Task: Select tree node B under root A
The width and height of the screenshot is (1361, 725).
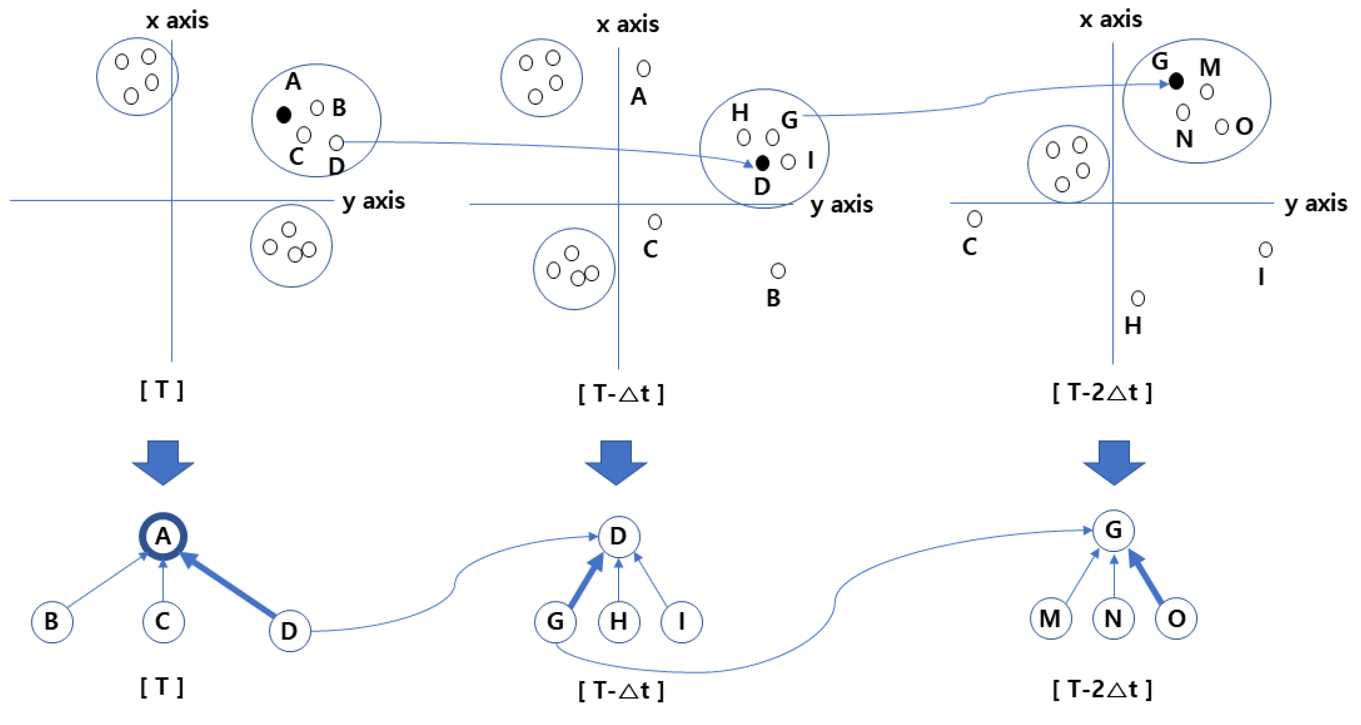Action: tap(52, 621)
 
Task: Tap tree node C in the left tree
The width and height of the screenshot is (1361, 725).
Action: tap(163, 621)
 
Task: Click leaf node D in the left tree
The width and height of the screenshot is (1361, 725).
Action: tap(290, 631)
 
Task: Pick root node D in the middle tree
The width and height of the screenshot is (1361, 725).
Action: tap(619, 537)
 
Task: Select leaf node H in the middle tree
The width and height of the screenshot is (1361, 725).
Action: tap(619, 621)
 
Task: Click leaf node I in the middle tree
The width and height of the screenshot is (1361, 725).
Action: tap(682, 621)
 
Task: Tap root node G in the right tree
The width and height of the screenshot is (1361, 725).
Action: tap(1114, 530)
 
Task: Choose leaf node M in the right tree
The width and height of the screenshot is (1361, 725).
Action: tap(1051, 618)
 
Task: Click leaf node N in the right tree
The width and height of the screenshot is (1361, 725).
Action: tap(1114, 618)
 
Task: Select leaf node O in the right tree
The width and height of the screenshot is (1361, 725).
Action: tap(1176, 618)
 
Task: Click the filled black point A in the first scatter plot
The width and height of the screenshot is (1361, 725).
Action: tap(284, 114)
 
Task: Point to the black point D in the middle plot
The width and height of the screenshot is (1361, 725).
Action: tap(762, 163)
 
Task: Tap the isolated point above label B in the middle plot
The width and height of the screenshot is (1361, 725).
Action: tap(778, 271)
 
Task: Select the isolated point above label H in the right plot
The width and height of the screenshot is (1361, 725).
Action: tap(1137, 298)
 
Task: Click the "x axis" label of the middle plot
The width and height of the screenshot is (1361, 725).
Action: tap(628, 24)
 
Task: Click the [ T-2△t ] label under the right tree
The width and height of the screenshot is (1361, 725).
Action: tap(1102, 689)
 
